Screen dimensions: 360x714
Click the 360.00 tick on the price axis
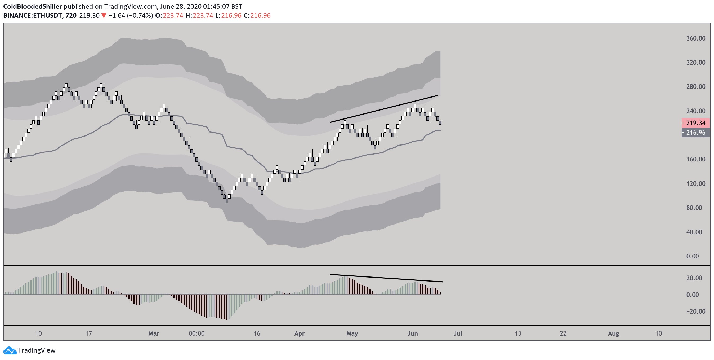coord(696,38)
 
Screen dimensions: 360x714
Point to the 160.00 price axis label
coord(696,159)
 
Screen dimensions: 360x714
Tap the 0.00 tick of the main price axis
coord(692,256)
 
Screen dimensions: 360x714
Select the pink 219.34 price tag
coord(696,123)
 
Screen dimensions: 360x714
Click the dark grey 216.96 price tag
coord(696,133)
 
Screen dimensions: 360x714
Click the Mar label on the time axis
coord(154,333)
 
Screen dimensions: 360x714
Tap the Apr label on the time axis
coord(299,333)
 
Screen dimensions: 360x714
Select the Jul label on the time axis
coord(458,333)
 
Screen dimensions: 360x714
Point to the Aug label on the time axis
coord(613,333)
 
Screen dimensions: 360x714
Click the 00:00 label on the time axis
coord(197,333)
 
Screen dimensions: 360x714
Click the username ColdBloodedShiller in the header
coord(32,6)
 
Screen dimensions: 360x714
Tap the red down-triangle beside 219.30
coord(104,16)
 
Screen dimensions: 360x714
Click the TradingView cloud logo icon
coord(10,350)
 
